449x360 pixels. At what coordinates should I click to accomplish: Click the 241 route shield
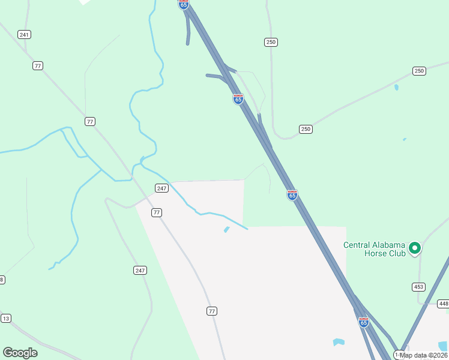click(x=24, y=34)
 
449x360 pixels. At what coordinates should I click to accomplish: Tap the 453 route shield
click(x=419, y=287)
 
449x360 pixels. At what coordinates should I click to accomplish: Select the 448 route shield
click(x=443, y=304)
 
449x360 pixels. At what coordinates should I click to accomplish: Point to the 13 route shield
click(x=5, y=318)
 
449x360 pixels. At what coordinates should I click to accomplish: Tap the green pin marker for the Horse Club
click(x=414, y=247)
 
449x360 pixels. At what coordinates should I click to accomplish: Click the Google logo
click(x=20, y=353)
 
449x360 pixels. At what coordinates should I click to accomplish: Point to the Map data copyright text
click(x=424, y=355)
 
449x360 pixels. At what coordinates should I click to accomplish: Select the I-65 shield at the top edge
click(x=184, y=4)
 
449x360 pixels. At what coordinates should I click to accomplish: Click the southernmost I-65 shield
click(x=363, y=322)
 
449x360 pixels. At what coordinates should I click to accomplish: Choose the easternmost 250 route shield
click(x=419, y=71)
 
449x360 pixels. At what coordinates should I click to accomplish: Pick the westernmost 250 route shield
click(x=271, y=41)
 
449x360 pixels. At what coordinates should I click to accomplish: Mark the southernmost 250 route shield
click(x=306, y=129)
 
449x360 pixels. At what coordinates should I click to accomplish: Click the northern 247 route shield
click(x=161, y=188)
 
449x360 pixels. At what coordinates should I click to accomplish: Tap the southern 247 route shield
click(x=140, y=271)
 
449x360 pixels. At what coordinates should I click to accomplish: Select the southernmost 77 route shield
click(x=211, y=311)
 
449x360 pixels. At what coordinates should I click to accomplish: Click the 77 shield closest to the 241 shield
click(x=38, y=65)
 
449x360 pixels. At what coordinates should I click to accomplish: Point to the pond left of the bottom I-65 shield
click(x=339, y=343)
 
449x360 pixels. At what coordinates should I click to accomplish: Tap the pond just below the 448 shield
click(x=443, y=346)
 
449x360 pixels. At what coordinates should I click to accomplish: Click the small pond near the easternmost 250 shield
click(x=396, y=88)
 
